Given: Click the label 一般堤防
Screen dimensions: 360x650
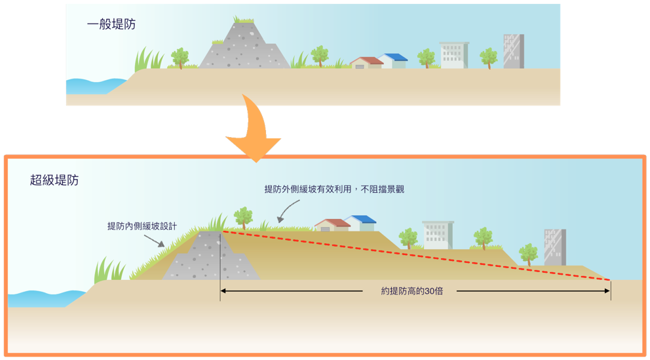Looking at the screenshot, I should (x=111, y=25).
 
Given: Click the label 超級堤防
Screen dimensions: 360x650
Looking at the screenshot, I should (x=54, y=180).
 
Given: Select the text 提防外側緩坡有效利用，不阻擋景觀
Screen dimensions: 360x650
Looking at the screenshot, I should (x=334, y=189).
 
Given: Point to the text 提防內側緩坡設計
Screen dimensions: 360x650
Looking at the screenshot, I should (x=142, y=226).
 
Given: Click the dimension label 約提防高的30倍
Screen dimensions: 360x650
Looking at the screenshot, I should (x=411, y=290).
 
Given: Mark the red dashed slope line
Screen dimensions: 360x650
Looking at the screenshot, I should (x=419, y=256).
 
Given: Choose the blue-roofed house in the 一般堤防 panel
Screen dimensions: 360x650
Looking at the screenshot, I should (x=394, y=60).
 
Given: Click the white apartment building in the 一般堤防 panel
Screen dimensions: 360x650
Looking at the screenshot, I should (x=453, y=55).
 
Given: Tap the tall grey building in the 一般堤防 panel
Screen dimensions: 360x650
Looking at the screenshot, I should (x=513, y=52).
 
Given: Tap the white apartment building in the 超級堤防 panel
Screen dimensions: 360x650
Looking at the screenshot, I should (x=437, y=235).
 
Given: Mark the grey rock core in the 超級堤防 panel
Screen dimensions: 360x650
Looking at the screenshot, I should (x=210, y=259).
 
